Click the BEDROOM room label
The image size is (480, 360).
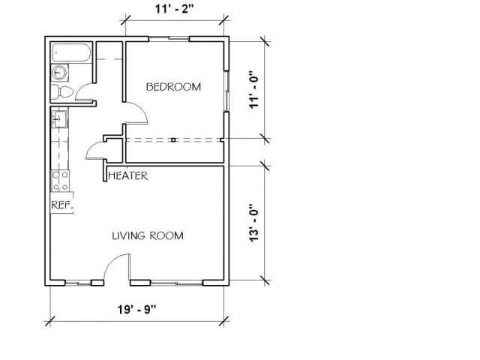pos(173,87)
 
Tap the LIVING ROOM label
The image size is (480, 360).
pos(148,235)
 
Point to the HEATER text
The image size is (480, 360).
pos(128,175)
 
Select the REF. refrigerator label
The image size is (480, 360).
pos(62,205)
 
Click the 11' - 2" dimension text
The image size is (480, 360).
pos(175,8)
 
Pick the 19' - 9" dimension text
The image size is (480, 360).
pos(136,310)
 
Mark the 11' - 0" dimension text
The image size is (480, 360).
pos(254,90)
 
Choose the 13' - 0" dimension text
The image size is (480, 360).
pos(254,223)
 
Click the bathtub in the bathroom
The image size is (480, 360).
pos(71,53)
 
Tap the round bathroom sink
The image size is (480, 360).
pos(59,73)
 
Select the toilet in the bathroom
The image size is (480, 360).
pos(61,91)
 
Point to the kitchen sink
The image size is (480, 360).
pos(59,119)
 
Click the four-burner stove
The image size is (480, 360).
pos(60,181)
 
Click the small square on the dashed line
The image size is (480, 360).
pos(173,140)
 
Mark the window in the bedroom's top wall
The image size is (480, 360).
pos(169,38)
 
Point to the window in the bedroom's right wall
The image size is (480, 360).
pos(226,91)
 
